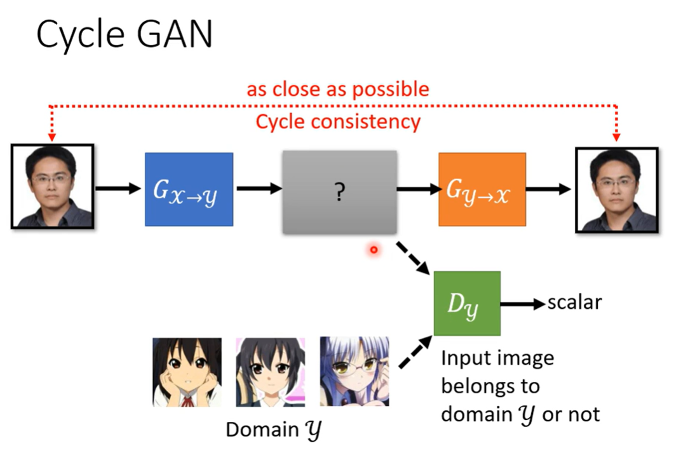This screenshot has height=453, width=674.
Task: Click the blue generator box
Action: [x=189, y=189]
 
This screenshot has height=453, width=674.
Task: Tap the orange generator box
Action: [x=482, y=189]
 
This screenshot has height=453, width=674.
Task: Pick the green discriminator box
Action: [x=467, y=304]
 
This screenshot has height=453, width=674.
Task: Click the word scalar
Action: [x=574, y=302]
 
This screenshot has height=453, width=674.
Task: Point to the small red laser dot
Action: [x=374, y=250]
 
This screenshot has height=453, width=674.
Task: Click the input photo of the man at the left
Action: [x=53, y=186]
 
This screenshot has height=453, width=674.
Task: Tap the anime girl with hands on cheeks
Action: [x=187, y=372]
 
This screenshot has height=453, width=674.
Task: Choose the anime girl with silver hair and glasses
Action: [x=354, y=372]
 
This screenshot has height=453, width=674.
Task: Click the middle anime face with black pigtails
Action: [x=271, y=372]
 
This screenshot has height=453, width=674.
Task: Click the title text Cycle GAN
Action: [x=125, y=35]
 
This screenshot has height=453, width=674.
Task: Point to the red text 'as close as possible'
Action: [x=338, y=89]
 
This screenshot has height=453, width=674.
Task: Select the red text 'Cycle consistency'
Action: [x=338, y=121]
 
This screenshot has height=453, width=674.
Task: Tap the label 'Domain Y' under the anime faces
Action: [x=274, y=430]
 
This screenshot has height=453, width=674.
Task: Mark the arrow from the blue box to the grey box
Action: [x=259, y=188]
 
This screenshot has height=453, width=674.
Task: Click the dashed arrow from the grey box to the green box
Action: [x=414, y=257]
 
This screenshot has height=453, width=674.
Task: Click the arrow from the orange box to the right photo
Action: [x=550, y=189]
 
